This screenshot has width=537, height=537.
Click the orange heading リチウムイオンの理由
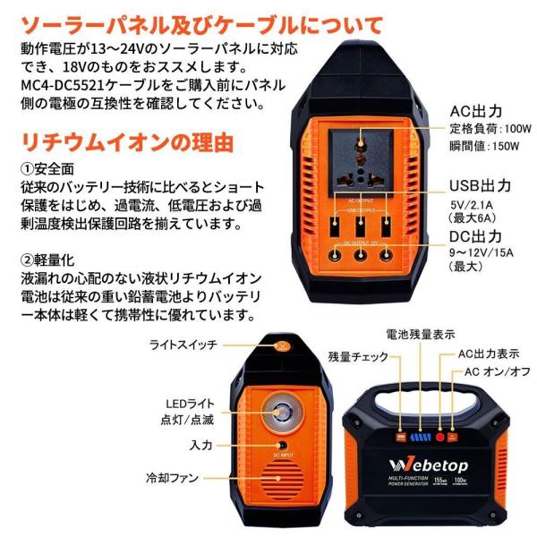click(128, 141)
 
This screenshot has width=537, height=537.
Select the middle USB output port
click(361, 226)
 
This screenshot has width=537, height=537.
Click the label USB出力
click(480, 186)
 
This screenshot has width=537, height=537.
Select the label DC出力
click(478, 236)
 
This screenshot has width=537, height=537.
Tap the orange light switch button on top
click(282, 344)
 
